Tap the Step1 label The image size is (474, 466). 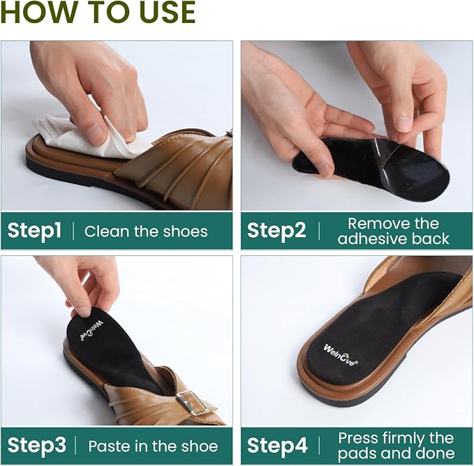coord(34,231)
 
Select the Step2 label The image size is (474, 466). coord(276,231)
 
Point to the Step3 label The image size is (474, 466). coord(37,446)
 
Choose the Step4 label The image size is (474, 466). coord(277,446)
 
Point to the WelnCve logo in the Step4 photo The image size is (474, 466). coord(341,355)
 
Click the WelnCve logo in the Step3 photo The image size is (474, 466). coord(91,331)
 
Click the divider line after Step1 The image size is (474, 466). coord(73,231)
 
